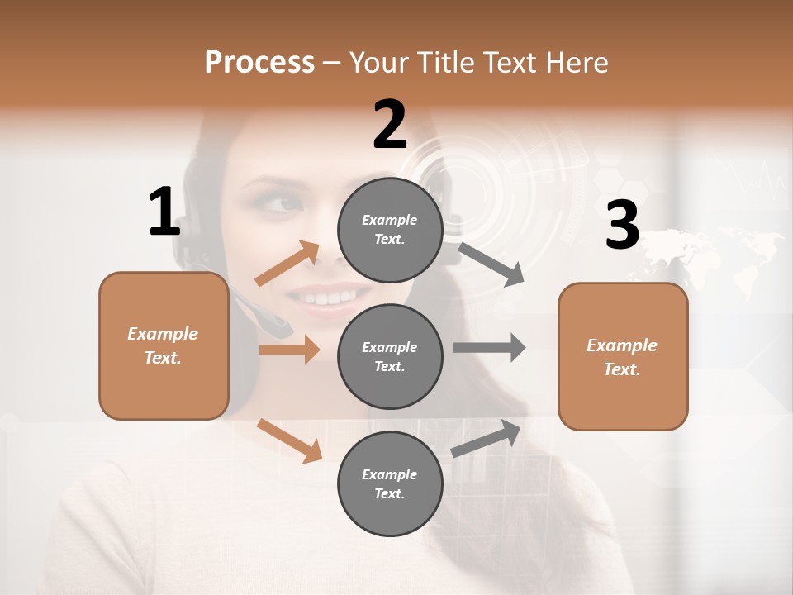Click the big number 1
164,212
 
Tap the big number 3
622,226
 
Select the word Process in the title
259,62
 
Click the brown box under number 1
164,345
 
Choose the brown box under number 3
623,357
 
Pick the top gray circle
390,230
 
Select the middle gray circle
390,357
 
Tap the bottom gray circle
390,484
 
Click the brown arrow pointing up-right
287,264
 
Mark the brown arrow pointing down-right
289,440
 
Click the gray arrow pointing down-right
491,264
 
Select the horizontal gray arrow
489,348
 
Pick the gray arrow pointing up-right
487,438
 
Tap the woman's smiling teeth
331,295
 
